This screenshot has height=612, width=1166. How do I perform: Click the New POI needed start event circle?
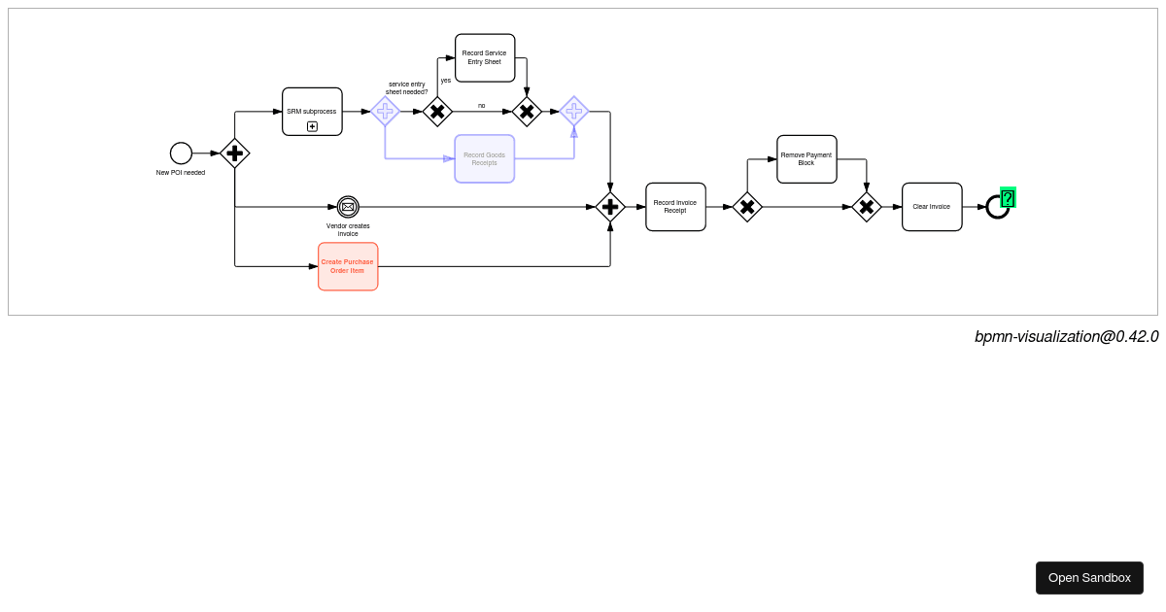click(181, 153)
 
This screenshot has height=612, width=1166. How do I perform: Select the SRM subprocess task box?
click(312, 112)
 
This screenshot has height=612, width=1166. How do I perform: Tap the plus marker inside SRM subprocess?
click(312, 126)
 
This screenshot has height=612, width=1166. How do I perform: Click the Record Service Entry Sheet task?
click(485, 58)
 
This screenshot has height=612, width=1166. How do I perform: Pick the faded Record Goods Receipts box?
click(484, 158)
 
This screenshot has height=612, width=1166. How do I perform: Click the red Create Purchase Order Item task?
click(348, 266)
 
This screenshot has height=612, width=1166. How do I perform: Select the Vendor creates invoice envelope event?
click(348, 207)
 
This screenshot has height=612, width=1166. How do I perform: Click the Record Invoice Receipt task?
click(675, 207)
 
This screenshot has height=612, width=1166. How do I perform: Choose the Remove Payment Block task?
click(806, 159)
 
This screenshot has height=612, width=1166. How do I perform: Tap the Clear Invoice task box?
click(932, 207)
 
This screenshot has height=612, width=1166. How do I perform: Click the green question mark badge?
click(1008, 198)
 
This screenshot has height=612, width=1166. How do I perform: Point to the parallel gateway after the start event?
click(234, 153)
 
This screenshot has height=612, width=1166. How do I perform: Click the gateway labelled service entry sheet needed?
click(437, 112)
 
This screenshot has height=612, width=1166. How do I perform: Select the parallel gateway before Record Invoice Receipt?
click(610, 207)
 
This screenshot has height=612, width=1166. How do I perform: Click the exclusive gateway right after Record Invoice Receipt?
click(747, 207)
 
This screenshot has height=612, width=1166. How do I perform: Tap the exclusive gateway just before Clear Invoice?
click(867, 207)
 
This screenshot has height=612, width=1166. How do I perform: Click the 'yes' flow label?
click(446, 81)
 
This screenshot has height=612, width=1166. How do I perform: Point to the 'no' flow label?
click(481, 106)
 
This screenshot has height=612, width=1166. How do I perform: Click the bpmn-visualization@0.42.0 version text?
click(1066, 337)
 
